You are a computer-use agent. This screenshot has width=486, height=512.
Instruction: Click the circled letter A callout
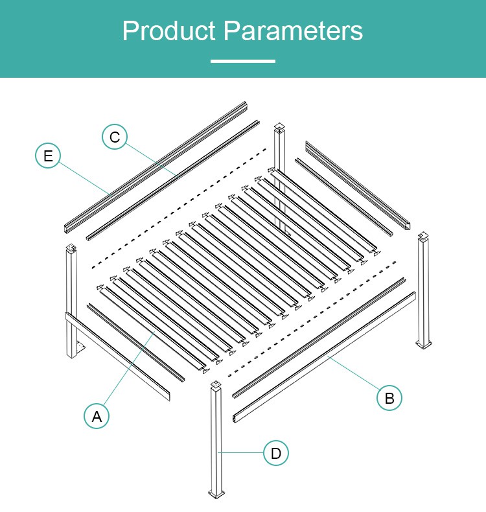[x=97, y=416]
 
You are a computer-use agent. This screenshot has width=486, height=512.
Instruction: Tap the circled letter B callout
[x=389, y=398]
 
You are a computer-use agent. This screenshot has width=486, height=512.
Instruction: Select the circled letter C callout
[x=115, y=137]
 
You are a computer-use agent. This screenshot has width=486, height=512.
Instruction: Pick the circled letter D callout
[x=276, y=453]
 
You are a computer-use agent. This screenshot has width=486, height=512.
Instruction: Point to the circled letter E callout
[x=48, y=156]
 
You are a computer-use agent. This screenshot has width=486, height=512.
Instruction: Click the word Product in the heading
[x=169, y=30]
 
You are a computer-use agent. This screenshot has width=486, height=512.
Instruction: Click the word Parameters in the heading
[x=293, y=30]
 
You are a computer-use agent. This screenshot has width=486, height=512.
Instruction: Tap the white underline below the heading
[x=243, y=61]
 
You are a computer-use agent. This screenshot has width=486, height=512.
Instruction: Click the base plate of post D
[x=216, y=495]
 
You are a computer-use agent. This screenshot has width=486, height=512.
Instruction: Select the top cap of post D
[x=214, y=384]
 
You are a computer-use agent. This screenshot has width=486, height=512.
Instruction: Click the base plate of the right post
[x=424, y=344]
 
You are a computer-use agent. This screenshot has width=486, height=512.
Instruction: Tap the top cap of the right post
[x=423, y=235]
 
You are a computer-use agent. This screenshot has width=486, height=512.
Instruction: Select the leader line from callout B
[x=354, y=373]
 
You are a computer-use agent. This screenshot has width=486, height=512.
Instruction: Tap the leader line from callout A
[x=129, y=368]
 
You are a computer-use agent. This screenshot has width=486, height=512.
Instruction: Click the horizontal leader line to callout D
[x=240, y=452]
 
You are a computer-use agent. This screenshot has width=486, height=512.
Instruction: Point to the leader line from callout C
[x=152, y=159]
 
